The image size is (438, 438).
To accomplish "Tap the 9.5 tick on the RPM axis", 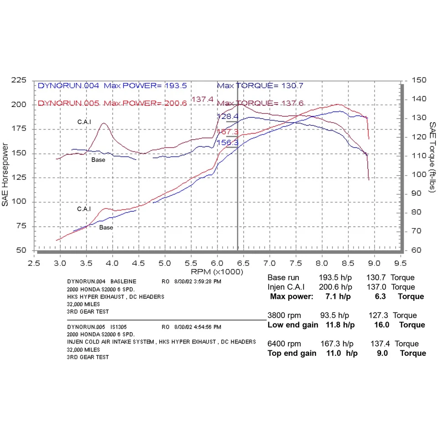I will (x=401, y=263).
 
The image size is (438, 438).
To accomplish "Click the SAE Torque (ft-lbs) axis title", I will (x=432, y=159).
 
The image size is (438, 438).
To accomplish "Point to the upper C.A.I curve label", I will (x=84, y=122).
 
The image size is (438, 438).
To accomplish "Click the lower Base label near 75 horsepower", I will (x=106, y=227).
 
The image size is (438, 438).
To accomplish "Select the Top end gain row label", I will (x=292, y=354).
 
